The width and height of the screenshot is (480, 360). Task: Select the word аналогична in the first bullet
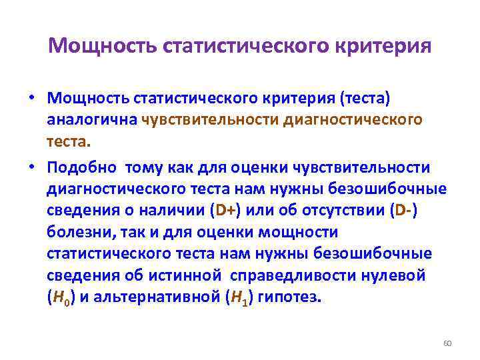pos(92,119)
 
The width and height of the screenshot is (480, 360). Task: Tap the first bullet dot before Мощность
pos(32,99)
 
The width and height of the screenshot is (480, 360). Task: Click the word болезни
pos(74,232)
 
